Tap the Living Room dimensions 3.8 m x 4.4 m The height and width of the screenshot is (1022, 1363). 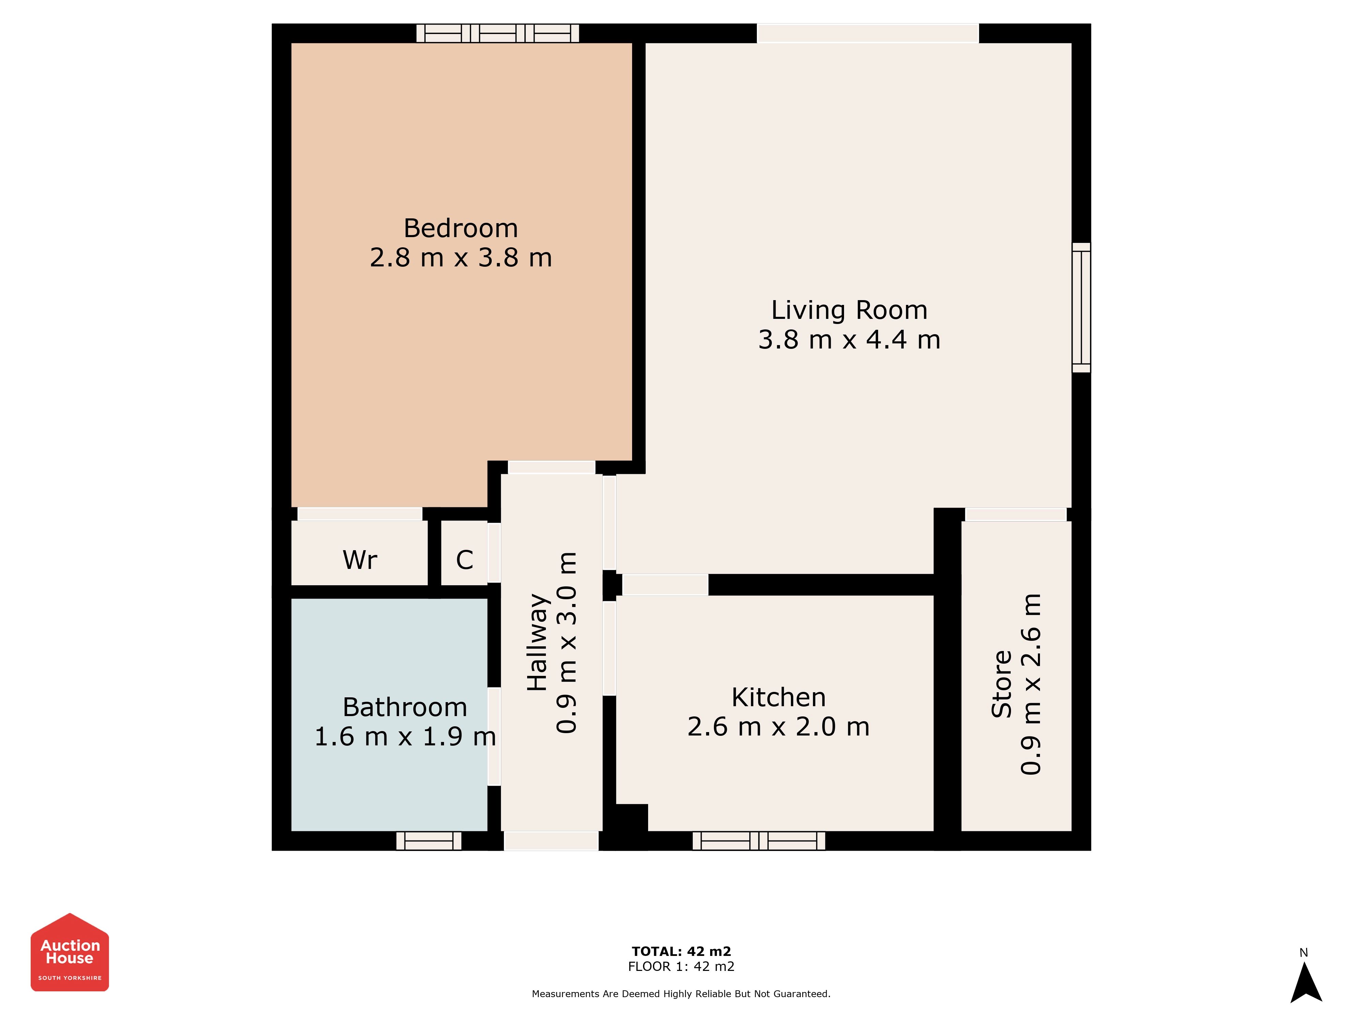849,339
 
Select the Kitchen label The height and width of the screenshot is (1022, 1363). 778,697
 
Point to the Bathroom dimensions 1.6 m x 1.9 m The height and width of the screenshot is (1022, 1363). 405,737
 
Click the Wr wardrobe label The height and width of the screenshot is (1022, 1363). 360,560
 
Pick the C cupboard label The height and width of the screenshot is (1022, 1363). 464,560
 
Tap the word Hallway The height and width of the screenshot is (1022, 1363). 537,642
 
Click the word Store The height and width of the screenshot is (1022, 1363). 1002,684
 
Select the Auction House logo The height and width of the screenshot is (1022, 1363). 70,952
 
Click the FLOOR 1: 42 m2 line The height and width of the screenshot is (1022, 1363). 681,966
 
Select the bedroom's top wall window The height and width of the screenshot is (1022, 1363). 498,33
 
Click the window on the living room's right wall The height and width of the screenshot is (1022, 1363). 1082,307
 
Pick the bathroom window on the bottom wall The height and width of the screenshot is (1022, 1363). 429,841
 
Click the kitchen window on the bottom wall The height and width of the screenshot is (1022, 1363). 759,841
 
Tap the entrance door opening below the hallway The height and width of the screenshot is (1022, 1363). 551,841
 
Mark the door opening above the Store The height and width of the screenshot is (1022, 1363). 1015,514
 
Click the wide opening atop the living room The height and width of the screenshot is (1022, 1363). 868,33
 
